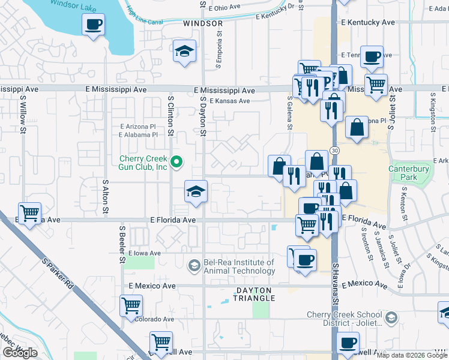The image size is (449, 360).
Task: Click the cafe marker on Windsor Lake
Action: click(x=93, y=25)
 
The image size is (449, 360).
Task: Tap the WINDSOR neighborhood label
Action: click(x=203, y=23)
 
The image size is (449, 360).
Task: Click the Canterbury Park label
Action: click(x=409, y=173)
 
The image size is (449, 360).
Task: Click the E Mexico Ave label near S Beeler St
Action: click(x=151, y=286)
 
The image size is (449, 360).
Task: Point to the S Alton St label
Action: click(x=105, y=197)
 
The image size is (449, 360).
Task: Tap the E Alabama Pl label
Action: click(x=137, y=135)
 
